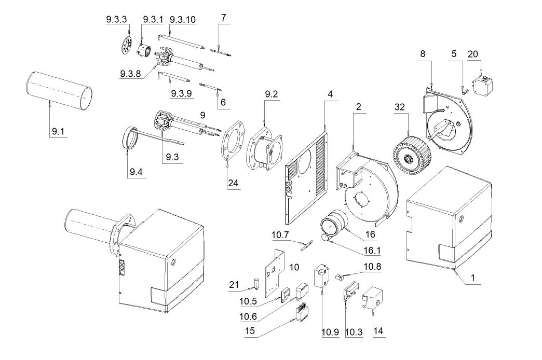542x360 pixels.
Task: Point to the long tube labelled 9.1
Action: [59, 92]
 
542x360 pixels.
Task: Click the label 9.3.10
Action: [183, 20]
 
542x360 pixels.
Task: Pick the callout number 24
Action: [234, 184]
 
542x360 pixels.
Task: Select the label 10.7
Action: [280, 236]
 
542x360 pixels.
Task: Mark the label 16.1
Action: [370, 252]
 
